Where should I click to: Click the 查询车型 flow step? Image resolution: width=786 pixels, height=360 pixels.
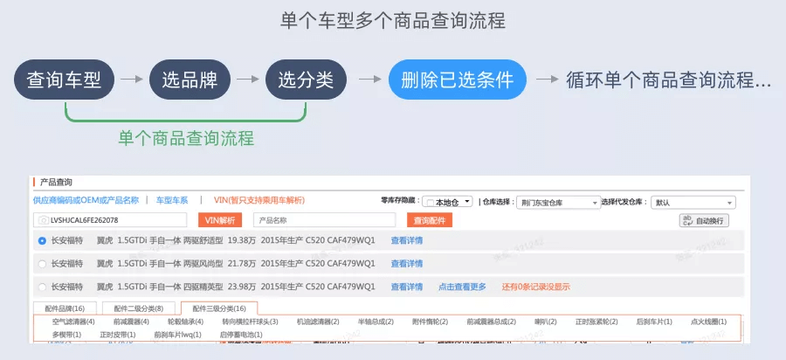tap(65, 80)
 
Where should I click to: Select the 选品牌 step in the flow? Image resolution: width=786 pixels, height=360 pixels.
tap(190, 80)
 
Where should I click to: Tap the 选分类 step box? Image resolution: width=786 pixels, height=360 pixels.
tap(306, 80)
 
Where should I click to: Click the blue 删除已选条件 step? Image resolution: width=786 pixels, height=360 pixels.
tap(457, 80)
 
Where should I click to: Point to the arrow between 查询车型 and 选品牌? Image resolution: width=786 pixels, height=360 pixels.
tap(132, 80)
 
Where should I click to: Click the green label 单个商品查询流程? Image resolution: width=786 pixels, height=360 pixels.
tap(186, 137)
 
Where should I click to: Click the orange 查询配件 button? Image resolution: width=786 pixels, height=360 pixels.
tap(429, 220)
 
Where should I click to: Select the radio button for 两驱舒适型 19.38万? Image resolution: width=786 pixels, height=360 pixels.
tap(42, 240)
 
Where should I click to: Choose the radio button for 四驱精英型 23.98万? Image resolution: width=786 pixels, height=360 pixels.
tap(42, 287)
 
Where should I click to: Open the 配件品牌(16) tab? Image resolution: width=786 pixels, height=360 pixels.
tap(65, 308)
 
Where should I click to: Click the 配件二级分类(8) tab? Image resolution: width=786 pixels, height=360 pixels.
tap(134, 308)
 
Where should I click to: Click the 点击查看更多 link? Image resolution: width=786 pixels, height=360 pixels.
tap(462, 287)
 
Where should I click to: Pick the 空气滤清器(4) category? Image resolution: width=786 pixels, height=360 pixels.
tap(73, 322)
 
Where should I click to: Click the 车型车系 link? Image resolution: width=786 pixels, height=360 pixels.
tap(172, 200)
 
